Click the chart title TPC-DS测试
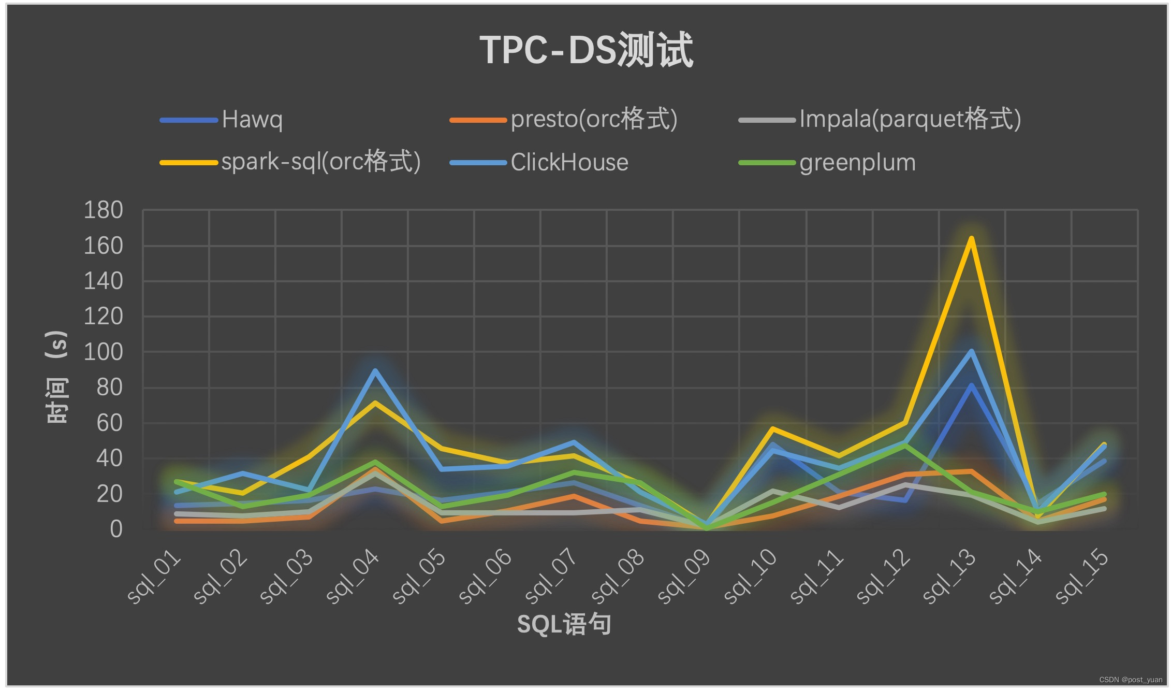pos(586,50)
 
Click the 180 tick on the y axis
pos(104,210)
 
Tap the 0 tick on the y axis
pos(116,529)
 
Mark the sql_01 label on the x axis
pos(155,577)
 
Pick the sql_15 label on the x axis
pos(1082,577)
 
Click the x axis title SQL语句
pos(564,624)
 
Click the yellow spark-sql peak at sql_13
pos(971,238)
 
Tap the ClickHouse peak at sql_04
pos(375,370)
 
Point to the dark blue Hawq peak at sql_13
pos(971,385)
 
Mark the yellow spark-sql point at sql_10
pos(772,429)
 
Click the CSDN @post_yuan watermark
pos(1131,680)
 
